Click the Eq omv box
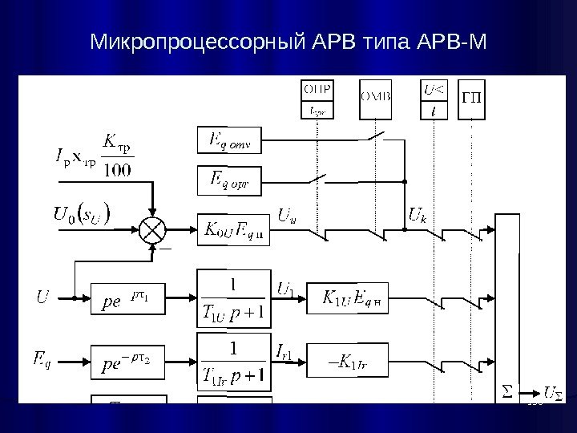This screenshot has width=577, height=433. (x=224, y=141)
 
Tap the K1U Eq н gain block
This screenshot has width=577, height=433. (x=347, y=299)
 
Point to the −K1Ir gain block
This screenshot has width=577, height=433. (x=347, y=350)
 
